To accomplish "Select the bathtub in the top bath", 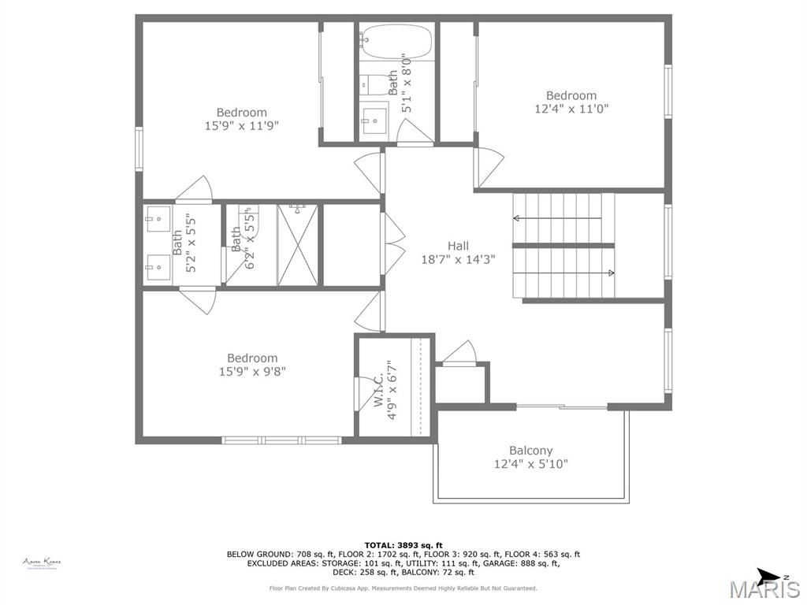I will point(396,39).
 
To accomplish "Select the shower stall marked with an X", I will point(298,245).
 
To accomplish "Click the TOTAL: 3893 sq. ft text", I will point(403,545).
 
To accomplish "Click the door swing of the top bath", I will point(415,134).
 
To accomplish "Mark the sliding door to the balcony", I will point(561,406).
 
